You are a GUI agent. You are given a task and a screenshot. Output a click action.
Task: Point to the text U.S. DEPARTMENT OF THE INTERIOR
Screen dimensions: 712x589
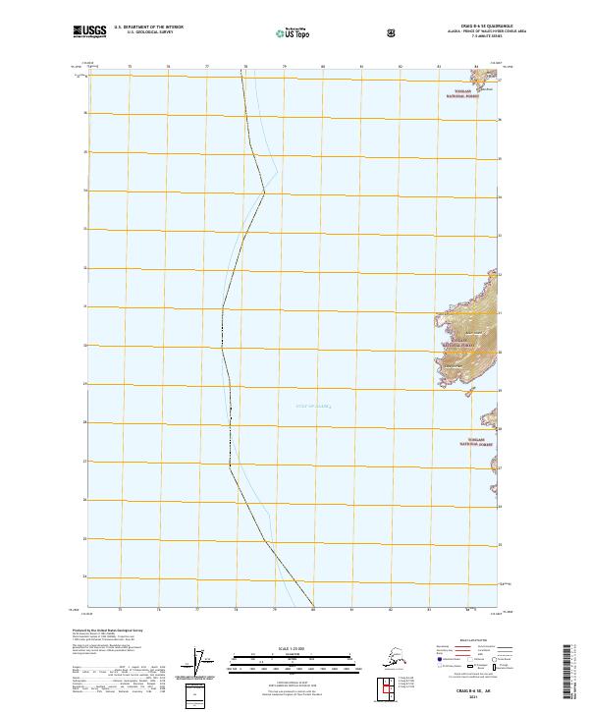click(x=149, y=27)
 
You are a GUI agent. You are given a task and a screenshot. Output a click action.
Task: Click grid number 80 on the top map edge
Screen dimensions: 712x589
click(x=323, y=68)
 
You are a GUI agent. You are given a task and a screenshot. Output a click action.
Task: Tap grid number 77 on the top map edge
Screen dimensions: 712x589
click(x=207, y=68)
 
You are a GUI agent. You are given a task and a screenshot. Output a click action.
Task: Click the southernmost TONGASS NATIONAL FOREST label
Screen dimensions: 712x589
click(x=477, y=441)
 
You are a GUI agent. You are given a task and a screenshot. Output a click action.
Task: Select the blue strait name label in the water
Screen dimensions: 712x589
click(x=314, y=405)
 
